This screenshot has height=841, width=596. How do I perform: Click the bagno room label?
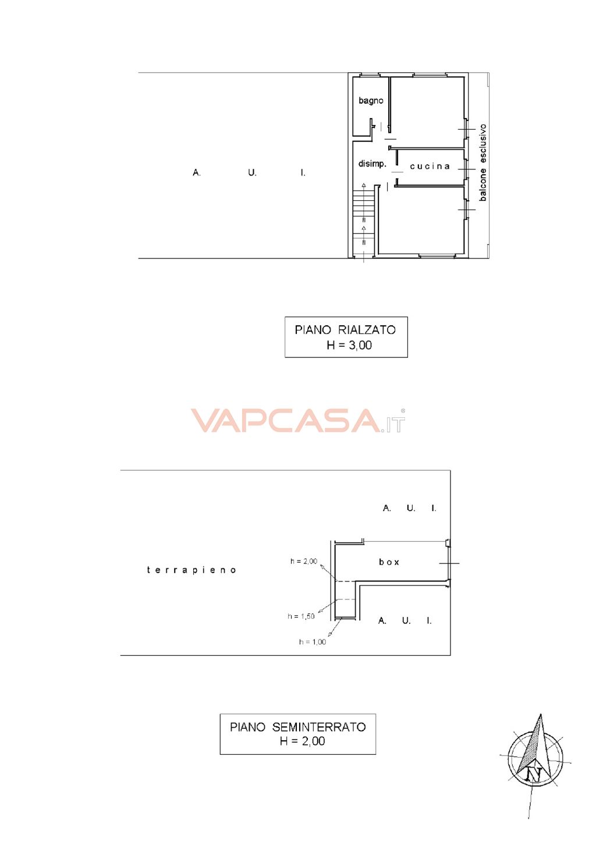[x=371, y=101]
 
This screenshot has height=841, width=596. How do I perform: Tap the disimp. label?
[x=372, y=164]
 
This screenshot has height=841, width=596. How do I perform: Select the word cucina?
[x=430, y=166]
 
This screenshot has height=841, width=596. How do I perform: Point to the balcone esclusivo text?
[x=483, y=162]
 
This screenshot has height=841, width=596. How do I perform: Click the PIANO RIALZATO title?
[x=345, y=330]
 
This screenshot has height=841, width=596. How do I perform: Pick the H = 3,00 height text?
[x=349, y=345]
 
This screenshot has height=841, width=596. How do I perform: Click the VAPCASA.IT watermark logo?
[x=298, y=420]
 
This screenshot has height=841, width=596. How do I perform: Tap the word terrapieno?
[x=191, y=570]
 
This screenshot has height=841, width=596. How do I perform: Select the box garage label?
[x=389, y=562]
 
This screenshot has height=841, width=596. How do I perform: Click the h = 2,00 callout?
[x=303, y=561]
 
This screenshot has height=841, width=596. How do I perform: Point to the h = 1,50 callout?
[x=301, y=616]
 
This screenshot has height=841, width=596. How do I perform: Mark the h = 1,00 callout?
[x=313, y=642]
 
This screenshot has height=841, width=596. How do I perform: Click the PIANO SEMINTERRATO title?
[x=298, y=728]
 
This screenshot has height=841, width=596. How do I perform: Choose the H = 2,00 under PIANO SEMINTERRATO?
[x=302, y=741]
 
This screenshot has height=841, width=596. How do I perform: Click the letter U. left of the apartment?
[x=252, y=173]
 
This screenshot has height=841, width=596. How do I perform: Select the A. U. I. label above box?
[x=409, y=508]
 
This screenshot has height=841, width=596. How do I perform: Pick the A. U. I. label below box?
[x=405, y=620]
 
